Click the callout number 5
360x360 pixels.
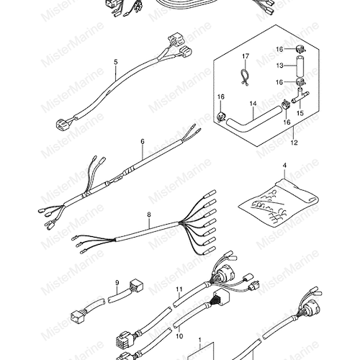[116, 62]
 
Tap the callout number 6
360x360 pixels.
[143, 142]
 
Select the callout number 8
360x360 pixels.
[149, 215]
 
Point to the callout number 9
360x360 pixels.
[117, 283]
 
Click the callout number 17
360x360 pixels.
[246, 56]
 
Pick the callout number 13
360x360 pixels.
[279, 66]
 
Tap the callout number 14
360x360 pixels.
[253, 104]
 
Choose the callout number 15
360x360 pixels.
[300, 113]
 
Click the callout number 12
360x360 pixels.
[294, 143]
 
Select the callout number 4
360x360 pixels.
[284, 166]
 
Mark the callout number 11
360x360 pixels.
[179, 289]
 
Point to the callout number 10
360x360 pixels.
[179, 336]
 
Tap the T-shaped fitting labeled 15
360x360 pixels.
[300, 97]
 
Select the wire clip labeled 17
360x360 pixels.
[244, 77]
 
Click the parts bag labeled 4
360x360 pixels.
[279, 200]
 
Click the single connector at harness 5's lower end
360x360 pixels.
[61, 124]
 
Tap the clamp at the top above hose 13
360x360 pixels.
[299, 49]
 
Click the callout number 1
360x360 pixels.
[199, 340]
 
